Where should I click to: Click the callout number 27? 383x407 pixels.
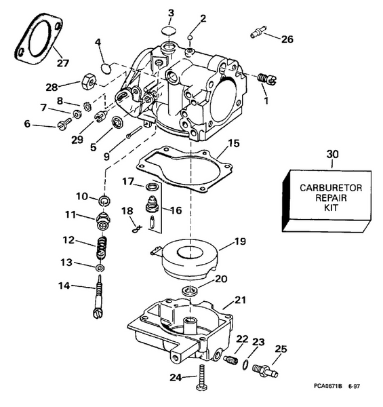pyautogui.click(x=62, y=63)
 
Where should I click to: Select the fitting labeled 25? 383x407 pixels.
pyautogui.click(x=263, y=370)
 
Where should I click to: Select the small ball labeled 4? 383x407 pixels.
pyautogui.click(x=105, y=67)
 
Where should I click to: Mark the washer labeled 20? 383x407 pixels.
pyautogui.click(x=188, y=291)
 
